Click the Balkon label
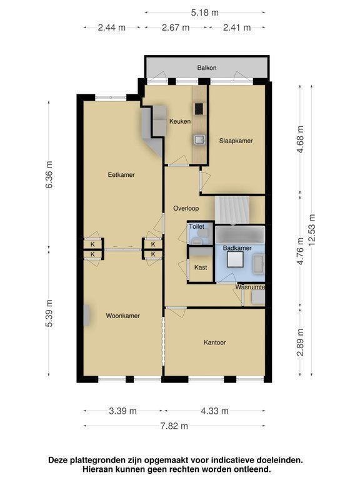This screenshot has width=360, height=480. tap(207, 67)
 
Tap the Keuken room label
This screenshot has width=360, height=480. tap(180, 121)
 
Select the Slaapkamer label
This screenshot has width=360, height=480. tap(236, 141)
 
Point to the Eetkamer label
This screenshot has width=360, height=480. tap(121, 175)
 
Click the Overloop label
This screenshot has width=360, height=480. tap(186, 208)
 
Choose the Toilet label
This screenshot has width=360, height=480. tap(196, 226)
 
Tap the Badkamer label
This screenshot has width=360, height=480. tap(237, 248)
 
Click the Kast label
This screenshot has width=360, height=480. tap(201, 267)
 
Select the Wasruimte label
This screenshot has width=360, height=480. tap(250, 287)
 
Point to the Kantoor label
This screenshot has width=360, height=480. tap(214, 342)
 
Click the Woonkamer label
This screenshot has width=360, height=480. tap(122, 316)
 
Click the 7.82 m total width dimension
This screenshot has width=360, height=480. tap(174, 426)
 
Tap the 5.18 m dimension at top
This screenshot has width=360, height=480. tap(205, 12)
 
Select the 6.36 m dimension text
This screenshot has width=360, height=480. tap(49, 174)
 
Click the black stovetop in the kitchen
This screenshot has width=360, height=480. tap(199, 109)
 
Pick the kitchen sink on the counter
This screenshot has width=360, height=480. tap(199, 139)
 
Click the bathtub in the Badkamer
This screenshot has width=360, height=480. tap(240, 235)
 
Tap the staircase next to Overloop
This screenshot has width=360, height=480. tap(232, 210)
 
